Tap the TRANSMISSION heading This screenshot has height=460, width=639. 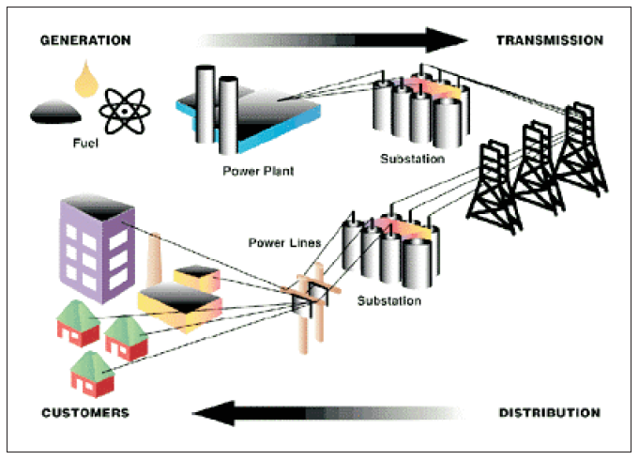(549, 40)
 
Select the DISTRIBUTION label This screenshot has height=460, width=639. (549, 412)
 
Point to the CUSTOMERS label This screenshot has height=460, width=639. (85, 412)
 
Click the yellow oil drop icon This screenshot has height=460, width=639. (90, 81)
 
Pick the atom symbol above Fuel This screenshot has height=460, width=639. (122, 110)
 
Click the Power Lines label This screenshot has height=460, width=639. (285, 243)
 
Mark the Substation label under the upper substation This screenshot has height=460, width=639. (412, 159)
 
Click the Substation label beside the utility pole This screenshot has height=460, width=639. (389, 301)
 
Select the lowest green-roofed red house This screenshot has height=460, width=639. (92, 374)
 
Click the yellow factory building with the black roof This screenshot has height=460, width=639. (179, 306)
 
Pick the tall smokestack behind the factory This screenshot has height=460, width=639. (155, 258)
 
